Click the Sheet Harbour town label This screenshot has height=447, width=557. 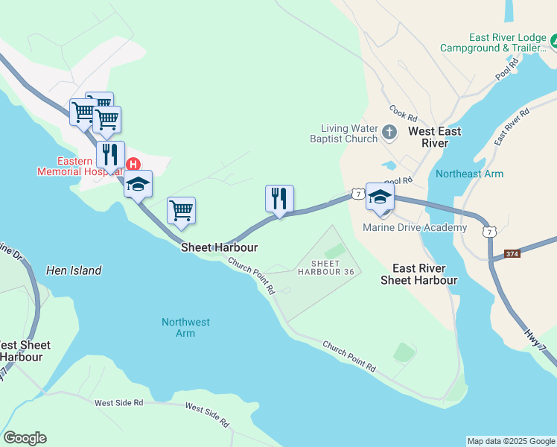click(219, 247)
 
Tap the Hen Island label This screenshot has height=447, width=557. click(74, 270)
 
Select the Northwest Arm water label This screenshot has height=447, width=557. click(185, 328)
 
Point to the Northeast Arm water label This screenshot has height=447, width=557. click(469, 174)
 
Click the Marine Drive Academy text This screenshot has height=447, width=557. click(415, 227)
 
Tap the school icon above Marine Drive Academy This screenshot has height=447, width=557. click(380, 197)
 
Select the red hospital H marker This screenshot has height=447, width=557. click(133, 164)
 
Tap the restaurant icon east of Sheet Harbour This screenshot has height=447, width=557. click(279, 199)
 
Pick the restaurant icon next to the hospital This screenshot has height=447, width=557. click(110, 155)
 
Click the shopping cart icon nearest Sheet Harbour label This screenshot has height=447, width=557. click(181, 211)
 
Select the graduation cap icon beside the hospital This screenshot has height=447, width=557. click(138, 184)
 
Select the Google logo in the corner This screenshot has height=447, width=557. click(25, 438)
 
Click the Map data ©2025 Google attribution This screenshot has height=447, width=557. click(511, 441)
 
